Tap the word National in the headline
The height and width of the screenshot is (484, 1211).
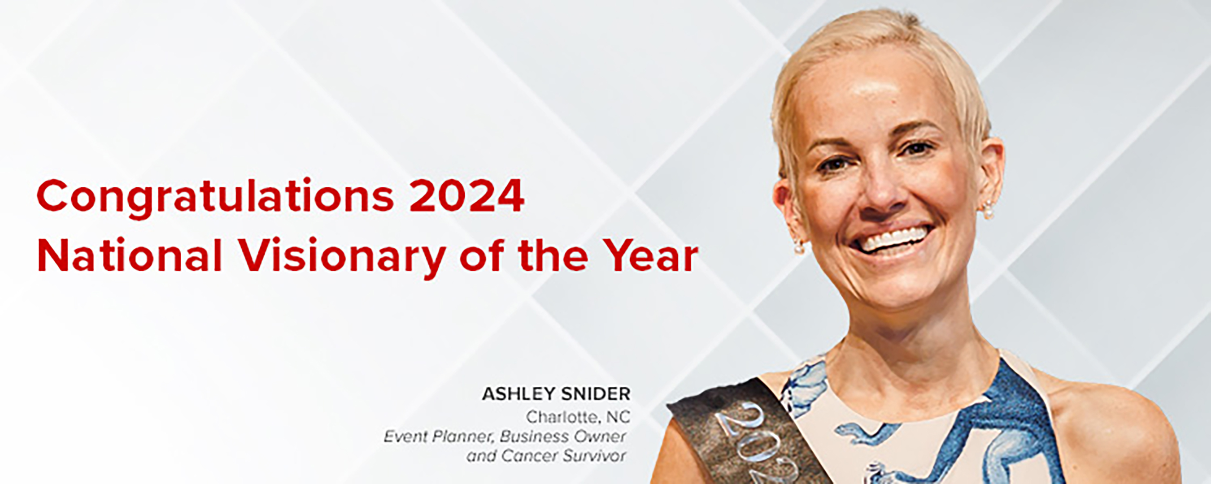129,255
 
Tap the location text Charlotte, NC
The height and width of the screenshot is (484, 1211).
578,417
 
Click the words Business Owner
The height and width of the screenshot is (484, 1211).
563,436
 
